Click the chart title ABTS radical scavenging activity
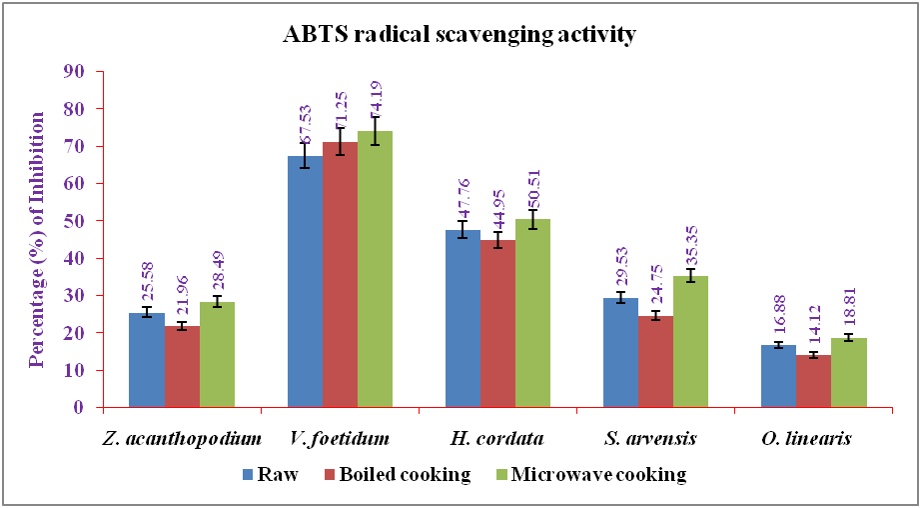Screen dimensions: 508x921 [459, 36]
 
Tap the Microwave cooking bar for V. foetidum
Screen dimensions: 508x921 [376, 269]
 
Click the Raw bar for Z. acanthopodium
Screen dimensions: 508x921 [147, 360]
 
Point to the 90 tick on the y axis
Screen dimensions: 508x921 [74, 71]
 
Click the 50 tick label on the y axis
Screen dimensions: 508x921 [74, 221]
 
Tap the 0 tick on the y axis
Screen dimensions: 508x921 [78, 408]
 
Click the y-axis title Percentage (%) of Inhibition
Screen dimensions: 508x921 [37, 239]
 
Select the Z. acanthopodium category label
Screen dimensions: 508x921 [183, 439]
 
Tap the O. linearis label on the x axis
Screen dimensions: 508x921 [814, 439]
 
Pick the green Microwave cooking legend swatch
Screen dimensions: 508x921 [499, 475]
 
